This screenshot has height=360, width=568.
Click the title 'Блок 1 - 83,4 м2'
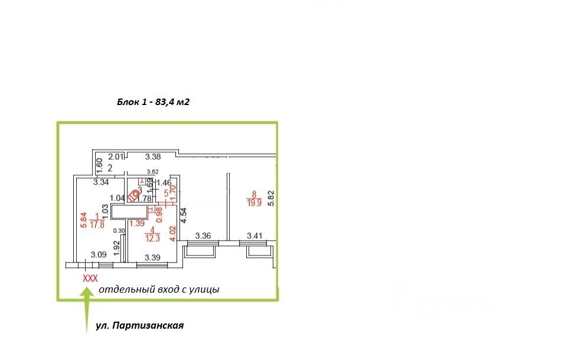[x=153, y=102]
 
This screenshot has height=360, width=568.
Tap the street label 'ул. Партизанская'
[x=140, y=325]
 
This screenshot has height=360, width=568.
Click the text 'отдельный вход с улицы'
[x=159, y=289]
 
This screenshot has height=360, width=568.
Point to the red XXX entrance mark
[x=90, y=277]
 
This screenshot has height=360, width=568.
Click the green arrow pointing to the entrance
[x=86, y=307]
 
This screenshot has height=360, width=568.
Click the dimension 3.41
[x=255, y=236]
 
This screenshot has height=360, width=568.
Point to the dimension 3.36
[x=204, y=236]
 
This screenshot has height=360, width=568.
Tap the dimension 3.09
[x=98, y=255]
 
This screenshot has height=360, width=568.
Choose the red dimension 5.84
[x=83, y=220]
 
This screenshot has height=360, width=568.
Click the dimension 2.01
[x=116, y=157]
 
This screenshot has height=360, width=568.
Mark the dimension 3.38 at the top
[x=153, y=157]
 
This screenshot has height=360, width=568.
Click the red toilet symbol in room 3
[x=136, y=193]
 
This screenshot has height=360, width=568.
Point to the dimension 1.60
[x=99, y=162]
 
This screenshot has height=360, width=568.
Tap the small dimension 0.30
[x=119, y=231]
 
